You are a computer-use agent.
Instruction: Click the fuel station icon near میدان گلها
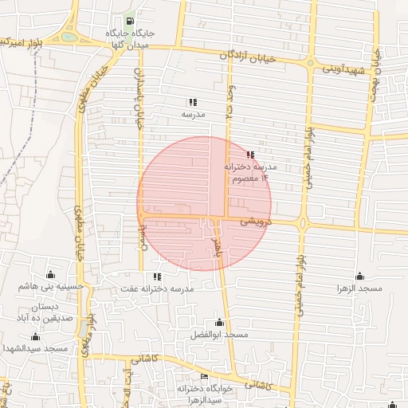click(129, 22)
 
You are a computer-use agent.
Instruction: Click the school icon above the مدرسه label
click(192, 102)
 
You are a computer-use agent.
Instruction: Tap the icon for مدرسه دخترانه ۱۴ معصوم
click(250, 155)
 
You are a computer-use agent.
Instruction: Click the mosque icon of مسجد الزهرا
click(359, 275)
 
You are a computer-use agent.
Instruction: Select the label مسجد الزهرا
click(359, 287)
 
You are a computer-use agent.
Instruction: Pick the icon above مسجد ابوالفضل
click(220, 322)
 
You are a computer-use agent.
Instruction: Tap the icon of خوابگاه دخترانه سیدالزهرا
click(204, 377)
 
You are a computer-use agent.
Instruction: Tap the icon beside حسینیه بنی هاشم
click(52, 274)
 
